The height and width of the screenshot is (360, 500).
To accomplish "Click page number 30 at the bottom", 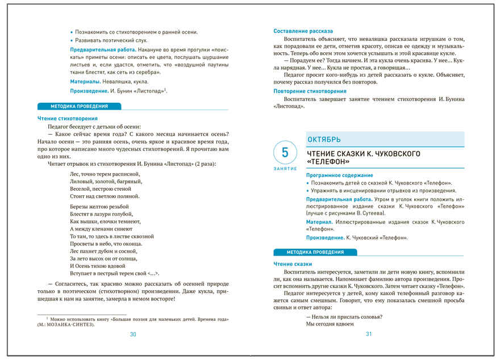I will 133,334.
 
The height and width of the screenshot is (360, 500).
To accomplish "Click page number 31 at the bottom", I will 369,334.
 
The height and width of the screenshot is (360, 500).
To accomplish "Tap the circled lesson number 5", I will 285,152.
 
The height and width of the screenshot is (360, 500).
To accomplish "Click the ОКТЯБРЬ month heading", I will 324,139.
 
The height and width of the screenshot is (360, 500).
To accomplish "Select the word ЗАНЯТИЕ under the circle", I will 285,169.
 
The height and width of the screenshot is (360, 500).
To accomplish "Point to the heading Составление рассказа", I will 303,31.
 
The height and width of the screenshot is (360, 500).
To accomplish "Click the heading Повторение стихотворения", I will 310,91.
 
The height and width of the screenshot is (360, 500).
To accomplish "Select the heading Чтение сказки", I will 292,263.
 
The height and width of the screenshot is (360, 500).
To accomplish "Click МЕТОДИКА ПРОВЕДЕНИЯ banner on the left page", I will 79,106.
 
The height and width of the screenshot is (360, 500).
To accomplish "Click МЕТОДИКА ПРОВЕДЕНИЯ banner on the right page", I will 315,252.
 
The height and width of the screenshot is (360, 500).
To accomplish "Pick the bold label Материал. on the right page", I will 319,221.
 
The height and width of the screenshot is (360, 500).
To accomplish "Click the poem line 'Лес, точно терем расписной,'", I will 105,173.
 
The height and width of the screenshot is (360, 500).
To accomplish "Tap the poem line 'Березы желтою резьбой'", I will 99,207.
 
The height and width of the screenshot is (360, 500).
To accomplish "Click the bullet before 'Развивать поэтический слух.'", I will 72,41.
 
